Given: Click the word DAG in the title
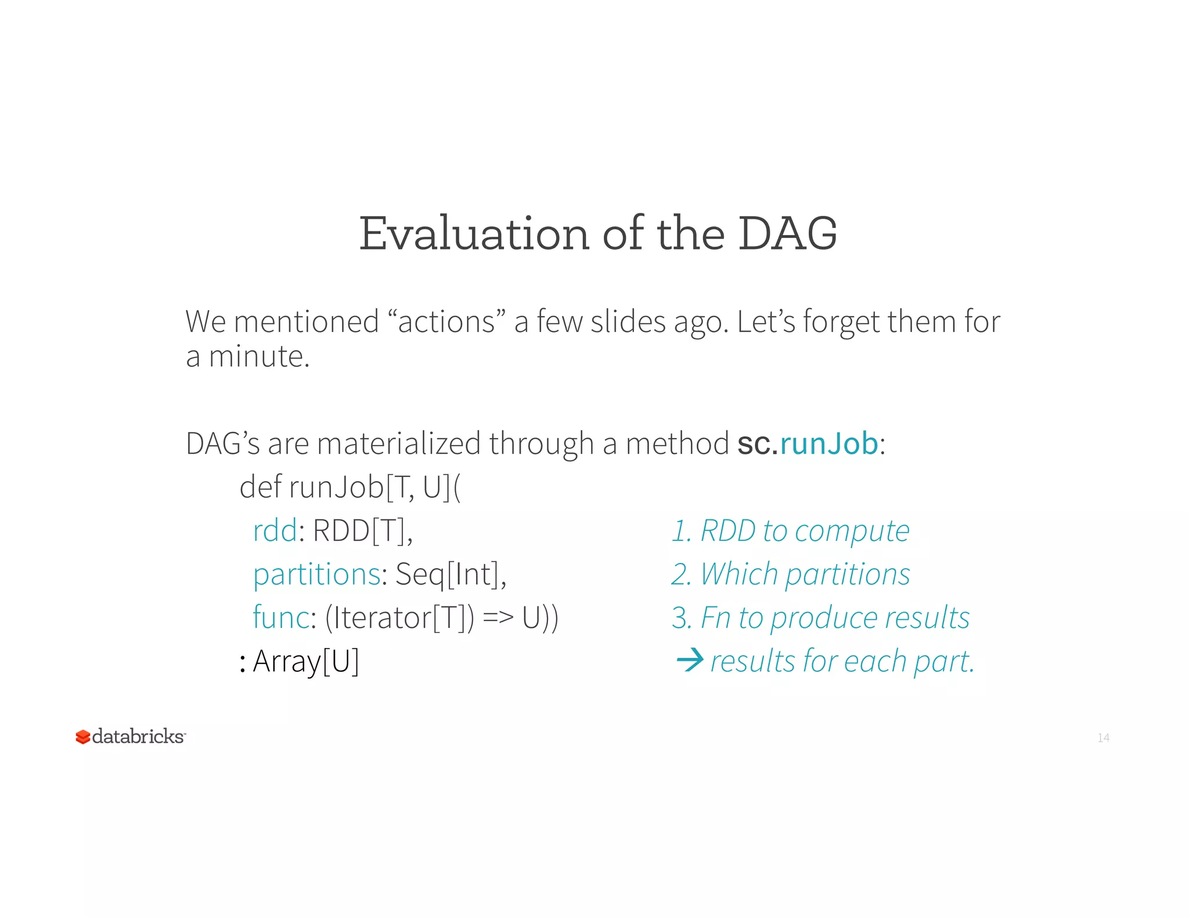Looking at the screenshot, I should coord(787,234).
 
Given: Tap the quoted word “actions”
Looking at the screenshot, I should coord(446,321).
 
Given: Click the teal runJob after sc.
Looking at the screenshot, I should coord(829,444).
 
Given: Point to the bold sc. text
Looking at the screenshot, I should coord(757,444).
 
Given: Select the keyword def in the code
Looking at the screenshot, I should coord(261,487).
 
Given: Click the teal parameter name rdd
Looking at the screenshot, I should coord(275,530).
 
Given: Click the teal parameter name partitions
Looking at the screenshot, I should coord(317,574).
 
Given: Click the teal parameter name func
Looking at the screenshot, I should coord(281,617).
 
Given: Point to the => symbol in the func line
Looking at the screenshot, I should coord(498,617).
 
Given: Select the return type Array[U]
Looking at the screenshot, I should coord(306,661).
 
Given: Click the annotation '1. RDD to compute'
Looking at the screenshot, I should coord(790,530).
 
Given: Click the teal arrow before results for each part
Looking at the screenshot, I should coord(690,660).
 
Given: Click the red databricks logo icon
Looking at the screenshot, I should coord(83,737).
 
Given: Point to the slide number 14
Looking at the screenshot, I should coord(1103,738).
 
